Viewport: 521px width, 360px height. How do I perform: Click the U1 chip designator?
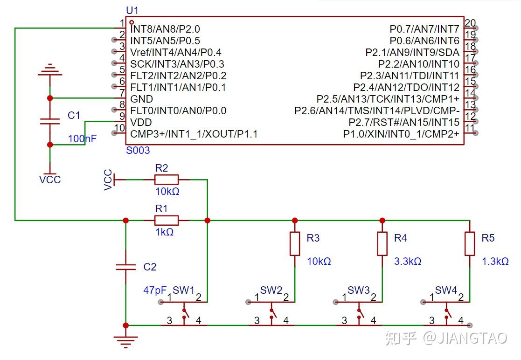[x=132, y=10]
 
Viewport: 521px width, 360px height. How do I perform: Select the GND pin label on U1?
[x=141, y=99]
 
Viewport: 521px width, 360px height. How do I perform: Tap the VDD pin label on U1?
[x=141, y=122]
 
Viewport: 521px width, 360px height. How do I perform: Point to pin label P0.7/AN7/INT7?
[x=424, y=29]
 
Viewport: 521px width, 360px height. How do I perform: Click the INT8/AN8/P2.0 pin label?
[x=165, y=29]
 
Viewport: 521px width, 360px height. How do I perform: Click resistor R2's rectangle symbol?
[x=167, y=180]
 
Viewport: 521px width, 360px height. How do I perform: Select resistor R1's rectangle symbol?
[x=167, y=220]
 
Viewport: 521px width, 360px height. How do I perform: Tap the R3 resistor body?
[x=295, y=244]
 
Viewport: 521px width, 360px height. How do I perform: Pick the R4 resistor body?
[x=382, y=244]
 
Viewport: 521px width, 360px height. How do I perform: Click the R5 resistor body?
[x=470, y=244]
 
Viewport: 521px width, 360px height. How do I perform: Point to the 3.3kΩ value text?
[x=408, y=261]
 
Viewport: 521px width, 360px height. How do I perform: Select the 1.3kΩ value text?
[x=495, y=261]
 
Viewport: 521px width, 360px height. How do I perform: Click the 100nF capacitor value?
[x=83, y=138]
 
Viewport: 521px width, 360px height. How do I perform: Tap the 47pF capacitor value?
[x=155, y=290]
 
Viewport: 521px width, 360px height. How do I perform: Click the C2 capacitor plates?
[x=125, y=267]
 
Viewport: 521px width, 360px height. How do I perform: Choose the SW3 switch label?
[x=359, y=290]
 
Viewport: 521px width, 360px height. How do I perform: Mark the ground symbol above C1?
[x=50, y=69]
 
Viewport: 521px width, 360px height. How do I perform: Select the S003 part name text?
[x=138, y=151]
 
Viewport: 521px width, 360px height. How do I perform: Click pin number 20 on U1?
[x=470, y=23]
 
